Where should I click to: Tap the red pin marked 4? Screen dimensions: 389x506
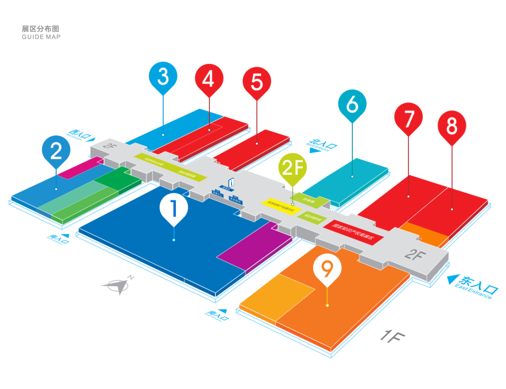[x=208, y=79]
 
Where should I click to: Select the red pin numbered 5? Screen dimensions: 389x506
[x=257, y=82]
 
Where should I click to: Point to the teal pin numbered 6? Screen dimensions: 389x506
[x=352, y=105]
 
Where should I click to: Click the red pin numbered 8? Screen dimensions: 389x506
[x=452, y=126]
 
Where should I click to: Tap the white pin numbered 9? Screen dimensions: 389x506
[x=327, y=269]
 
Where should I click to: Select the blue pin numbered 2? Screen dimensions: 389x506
[x=56, y=150]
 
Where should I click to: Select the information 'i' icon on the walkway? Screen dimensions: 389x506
[x=231, y=182]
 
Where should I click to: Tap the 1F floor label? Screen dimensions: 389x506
[x=392, y=336]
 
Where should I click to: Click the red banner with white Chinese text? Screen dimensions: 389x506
[x=354, y=229]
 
